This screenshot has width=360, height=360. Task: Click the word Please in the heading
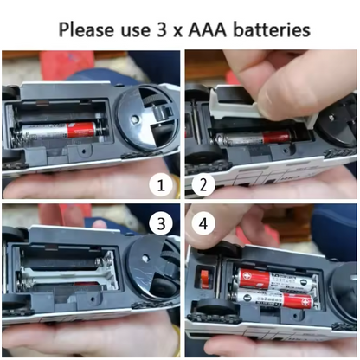87,29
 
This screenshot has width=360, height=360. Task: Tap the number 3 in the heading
162,29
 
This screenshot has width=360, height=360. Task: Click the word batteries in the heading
272,29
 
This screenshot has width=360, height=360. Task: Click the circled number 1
161,185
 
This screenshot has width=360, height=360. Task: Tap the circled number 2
203,185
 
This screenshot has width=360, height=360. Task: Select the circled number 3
161,223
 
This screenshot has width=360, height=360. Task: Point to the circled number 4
203,223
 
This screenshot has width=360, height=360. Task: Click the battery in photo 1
59,131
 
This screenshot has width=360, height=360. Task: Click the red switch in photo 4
204,279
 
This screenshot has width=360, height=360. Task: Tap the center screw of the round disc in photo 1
135,118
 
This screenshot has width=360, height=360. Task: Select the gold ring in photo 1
176,187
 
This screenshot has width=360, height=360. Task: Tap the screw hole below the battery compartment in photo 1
84,151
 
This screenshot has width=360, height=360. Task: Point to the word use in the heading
136,30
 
